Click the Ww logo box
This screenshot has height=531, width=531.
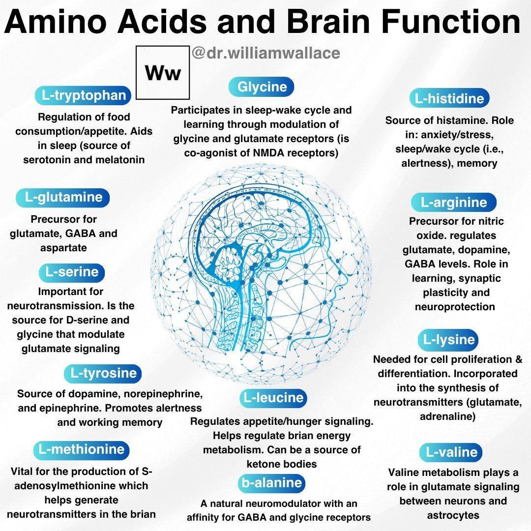(x=162, y=73)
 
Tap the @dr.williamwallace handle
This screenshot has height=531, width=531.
(x=266, y=53)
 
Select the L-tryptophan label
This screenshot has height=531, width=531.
(x=84, y=96)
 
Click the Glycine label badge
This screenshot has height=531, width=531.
(x=262, y=87)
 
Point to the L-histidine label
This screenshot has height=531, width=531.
(x=449, y=98)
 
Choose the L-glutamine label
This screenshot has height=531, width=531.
(x=64, y=197)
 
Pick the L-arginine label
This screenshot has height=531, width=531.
(x=454, y=202)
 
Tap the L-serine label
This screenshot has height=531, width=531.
(x=72, y=272)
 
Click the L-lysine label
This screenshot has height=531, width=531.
(x=449, y=339)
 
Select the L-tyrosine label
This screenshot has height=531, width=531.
(x=103, y=373)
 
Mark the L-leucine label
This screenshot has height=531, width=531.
(x=274, y=398)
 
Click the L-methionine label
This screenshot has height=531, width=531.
(x=82, y=449)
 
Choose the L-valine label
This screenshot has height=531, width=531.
(x=451, y=452)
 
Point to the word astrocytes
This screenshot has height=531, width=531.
(x=453, y=515)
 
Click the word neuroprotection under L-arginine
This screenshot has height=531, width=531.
(x=454, y=307)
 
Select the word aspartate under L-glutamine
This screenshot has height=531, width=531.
(x=63, y=248)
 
